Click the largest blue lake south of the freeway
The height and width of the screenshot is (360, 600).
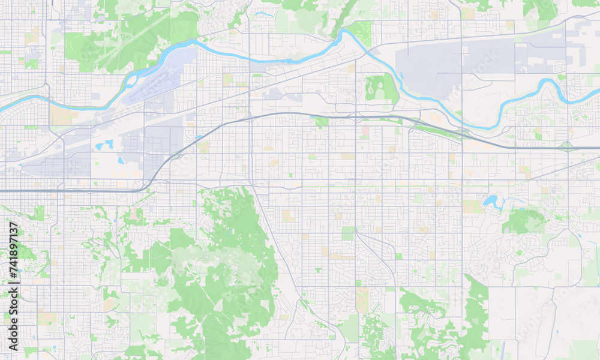(x=493, y=201)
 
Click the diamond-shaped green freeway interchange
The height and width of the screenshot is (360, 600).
(x=566, y=145)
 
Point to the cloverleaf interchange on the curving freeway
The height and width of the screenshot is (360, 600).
(x=463, y=133)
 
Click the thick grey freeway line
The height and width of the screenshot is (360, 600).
(x=72, y=190)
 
